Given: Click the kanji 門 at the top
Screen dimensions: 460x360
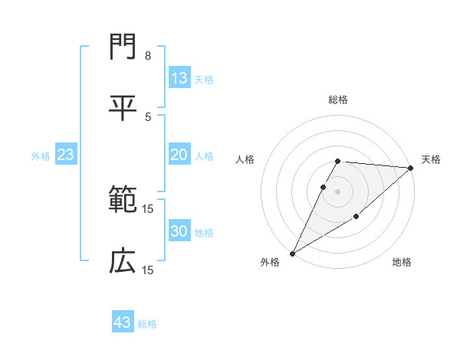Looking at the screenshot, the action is click(123, 49).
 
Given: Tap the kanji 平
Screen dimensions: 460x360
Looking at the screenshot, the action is click(123, 106).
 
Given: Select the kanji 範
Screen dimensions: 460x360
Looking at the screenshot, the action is click(123, 201).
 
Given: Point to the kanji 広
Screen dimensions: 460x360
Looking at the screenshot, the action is click(123, 261).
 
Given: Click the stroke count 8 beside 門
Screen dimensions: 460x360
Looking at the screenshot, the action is click(147, 57).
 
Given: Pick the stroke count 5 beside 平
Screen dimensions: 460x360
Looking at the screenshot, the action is click(147, 116).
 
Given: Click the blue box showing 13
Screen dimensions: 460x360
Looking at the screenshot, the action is click(179, 78).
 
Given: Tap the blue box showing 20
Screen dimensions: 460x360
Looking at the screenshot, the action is click(179, 155).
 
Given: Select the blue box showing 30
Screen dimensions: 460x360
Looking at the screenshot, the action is click(179, 231).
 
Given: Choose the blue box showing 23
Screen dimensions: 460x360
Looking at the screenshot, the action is click(66, 155).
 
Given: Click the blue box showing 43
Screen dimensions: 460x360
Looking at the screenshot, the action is click(123, 322).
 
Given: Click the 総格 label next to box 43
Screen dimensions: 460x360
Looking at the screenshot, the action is click(147, 324).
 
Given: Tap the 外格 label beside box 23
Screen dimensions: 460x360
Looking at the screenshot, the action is click(41, 156).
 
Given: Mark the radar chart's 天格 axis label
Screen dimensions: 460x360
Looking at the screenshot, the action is click(431, 159).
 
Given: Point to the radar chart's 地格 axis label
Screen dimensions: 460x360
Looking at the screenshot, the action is click(402, 263).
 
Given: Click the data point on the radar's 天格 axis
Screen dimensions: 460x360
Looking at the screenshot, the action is click(410, 168).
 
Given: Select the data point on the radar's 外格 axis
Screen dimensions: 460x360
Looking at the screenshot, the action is click(292, 253).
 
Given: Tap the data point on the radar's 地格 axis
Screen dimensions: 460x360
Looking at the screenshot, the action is click(356, 218).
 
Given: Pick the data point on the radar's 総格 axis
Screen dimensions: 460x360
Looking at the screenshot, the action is click(337, 161).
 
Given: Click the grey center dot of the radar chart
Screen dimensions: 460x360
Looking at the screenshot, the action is click(337, 191).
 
